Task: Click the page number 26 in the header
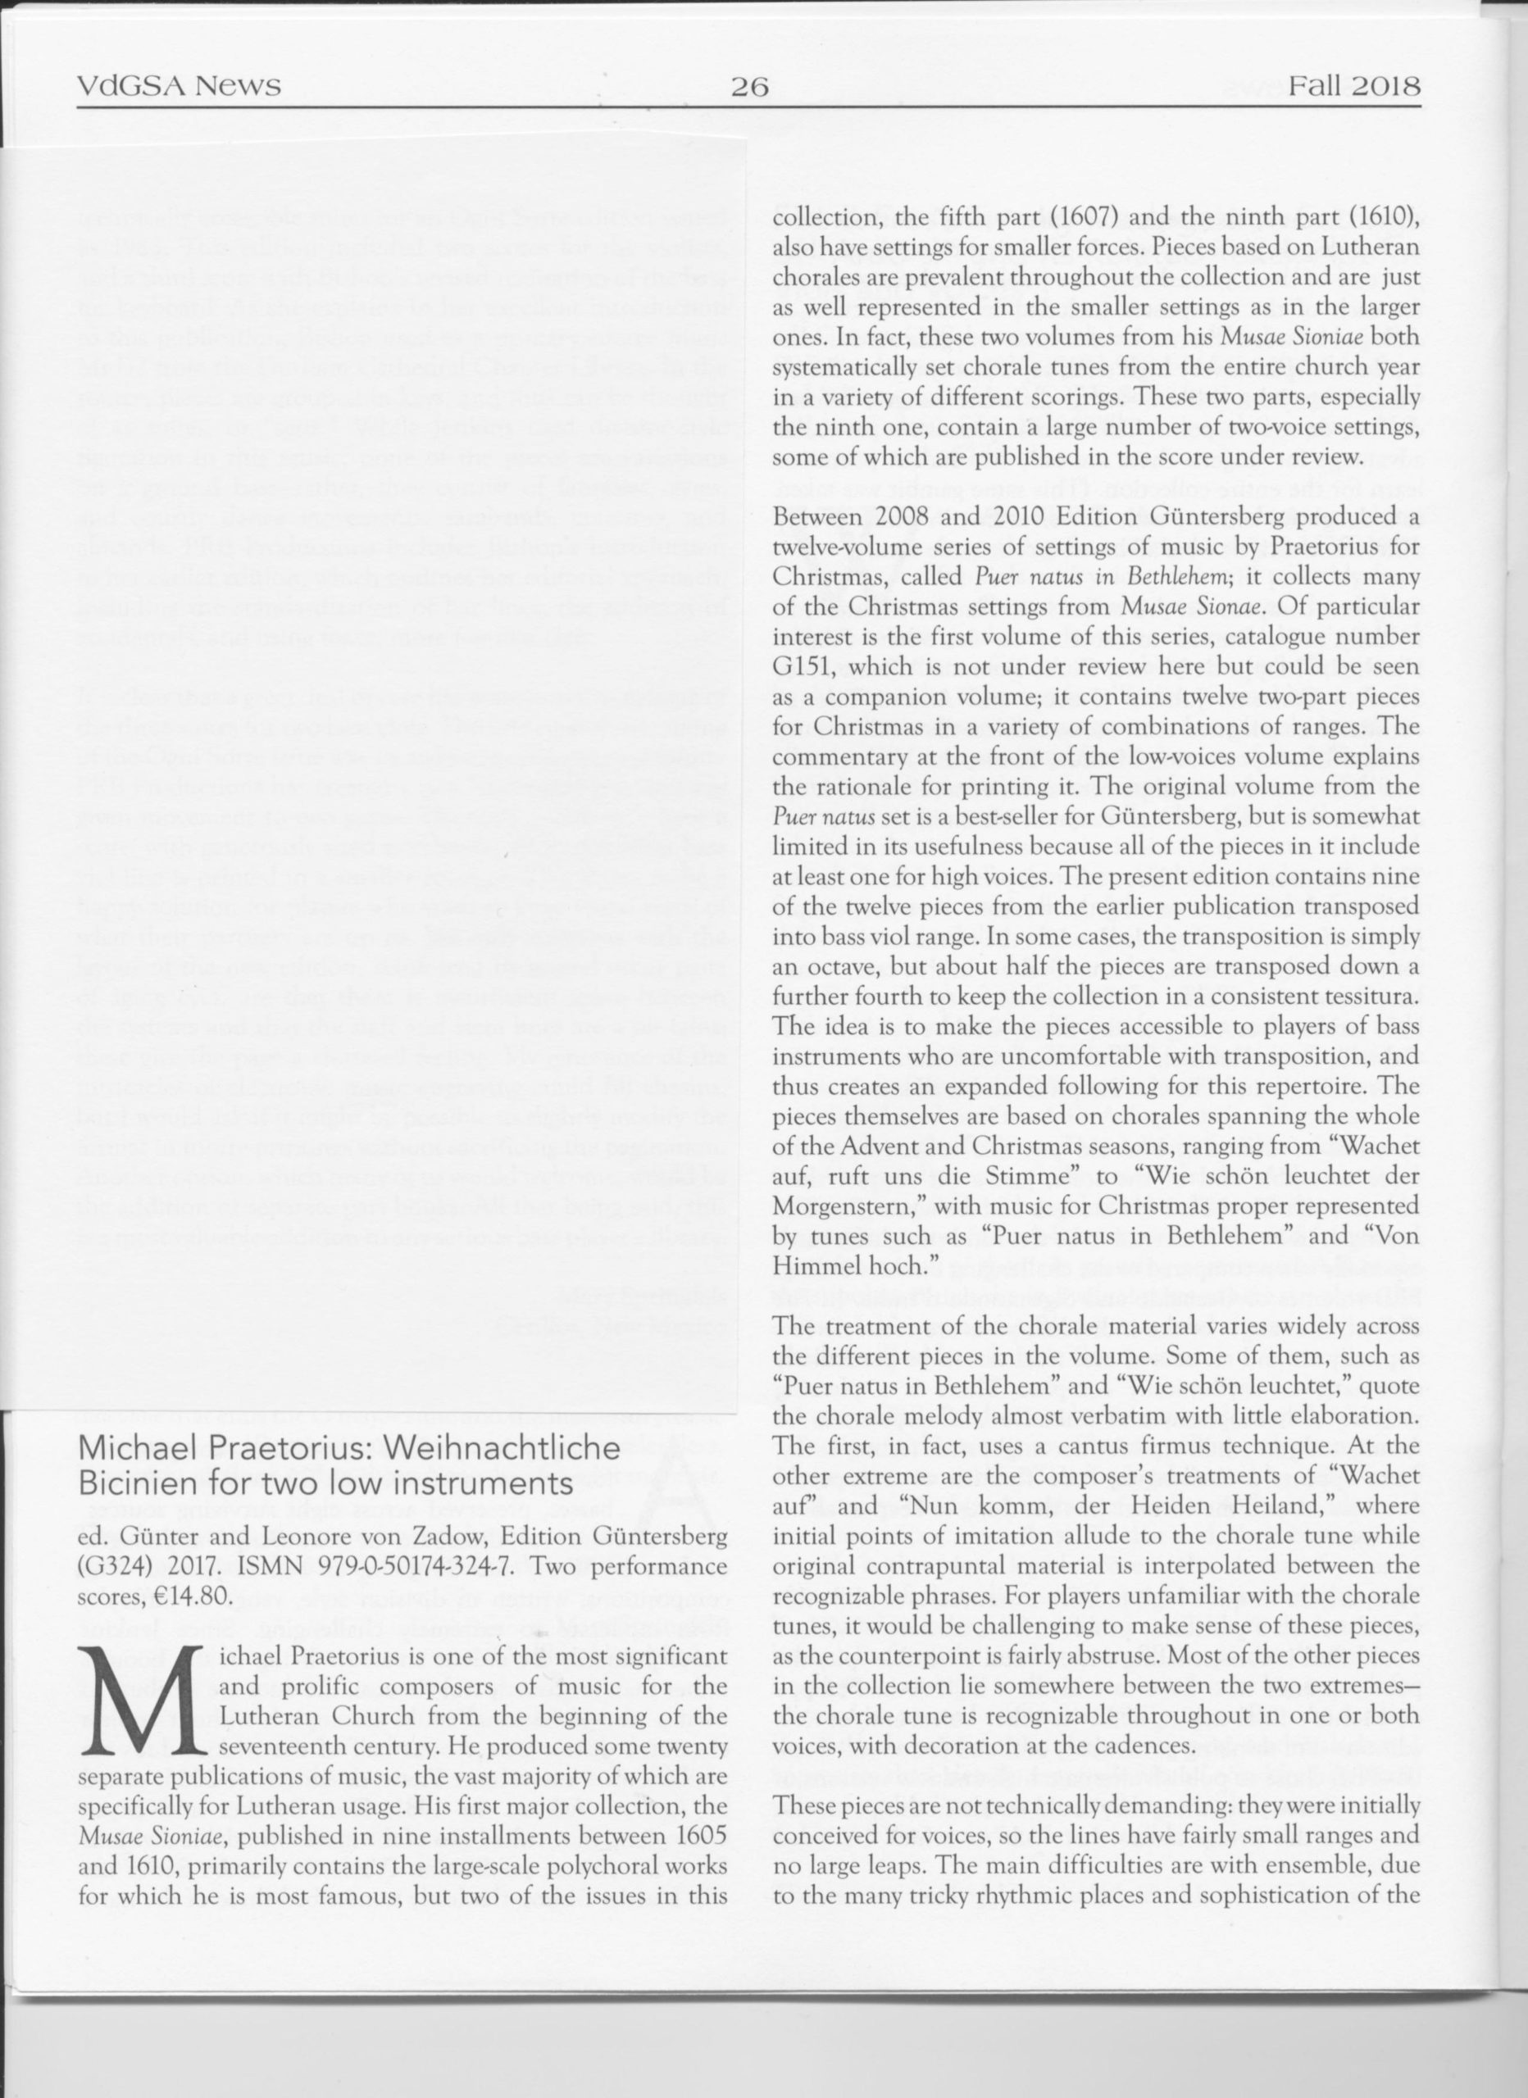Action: click(x=750, y=88)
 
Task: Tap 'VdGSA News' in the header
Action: click(x=180, y=88)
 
